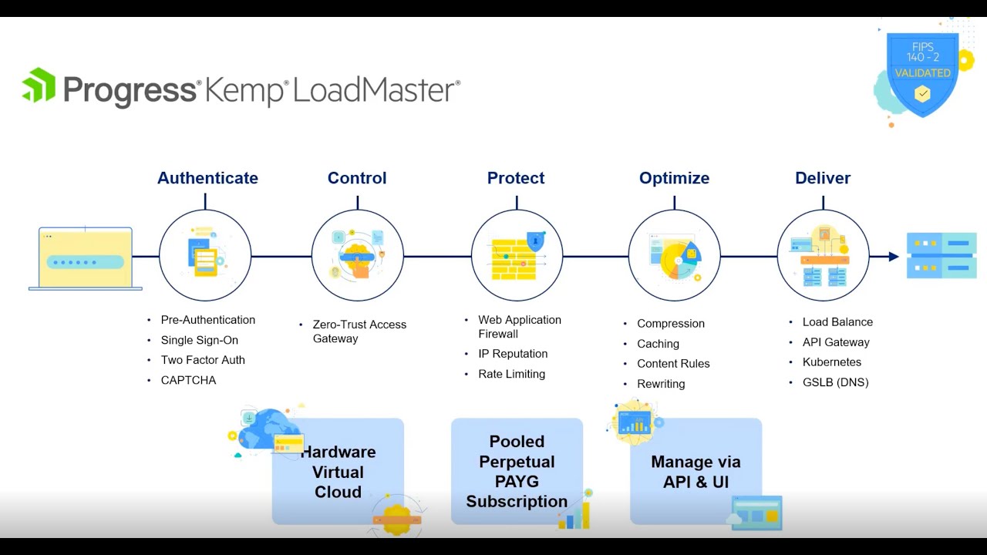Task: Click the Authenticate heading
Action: (207, 178)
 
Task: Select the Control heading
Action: (357, 178)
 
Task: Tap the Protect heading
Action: (516, 178)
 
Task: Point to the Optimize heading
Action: (674, 178)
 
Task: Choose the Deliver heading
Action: (823, 178)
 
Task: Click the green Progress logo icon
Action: (39, 85)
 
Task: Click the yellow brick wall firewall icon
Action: (514, 260)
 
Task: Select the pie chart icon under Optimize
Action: (679, 260)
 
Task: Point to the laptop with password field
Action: (86, 258)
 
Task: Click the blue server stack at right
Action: (942, 255)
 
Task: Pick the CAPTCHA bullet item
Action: (188, 380)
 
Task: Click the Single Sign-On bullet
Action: (199, 340)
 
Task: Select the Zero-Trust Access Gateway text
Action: (359, 331)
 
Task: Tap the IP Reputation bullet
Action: (513, 354)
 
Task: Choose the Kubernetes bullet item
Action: (831, 362)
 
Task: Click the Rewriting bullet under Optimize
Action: (661, 384)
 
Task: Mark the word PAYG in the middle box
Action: (517, 482)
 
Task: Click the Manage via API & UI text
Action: (696, 472)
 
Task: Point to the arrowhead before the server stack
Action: (894, 257)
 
